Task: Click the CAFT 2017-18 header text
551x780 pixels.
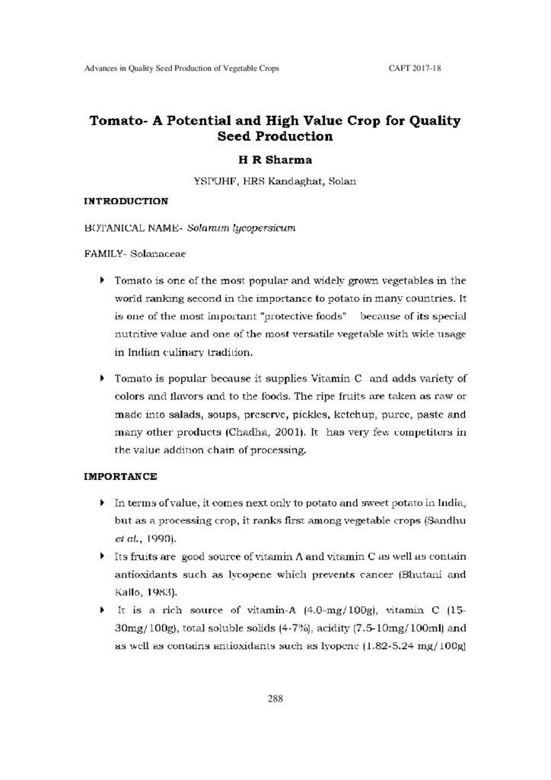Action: [x=416, y=69]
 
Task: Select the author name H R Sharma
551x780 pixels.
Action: [x=275, y=161]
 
